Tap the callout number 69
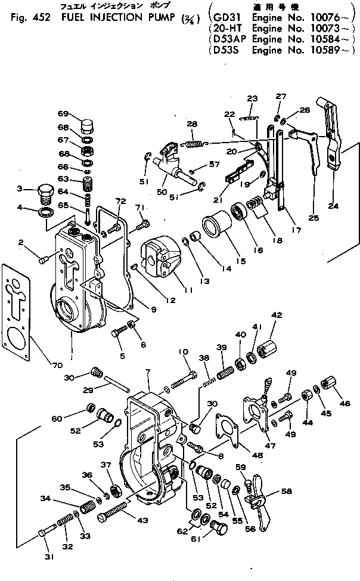(x=63, y=113)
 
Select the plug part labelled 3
(x=46, y=194)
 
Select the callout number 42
(x=277, y=316)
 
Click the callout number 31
(x=48, y=557)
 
